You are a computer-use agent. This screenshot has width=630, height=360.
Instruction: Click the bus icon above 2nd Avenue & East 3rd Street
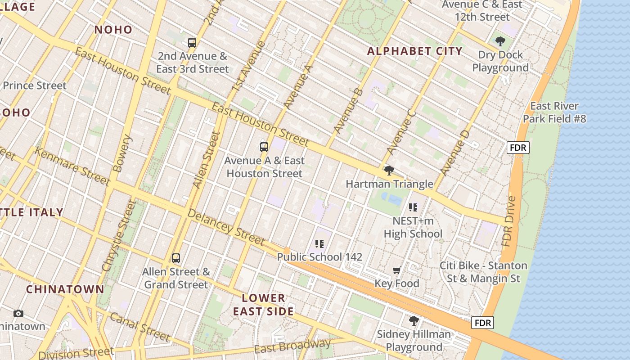pos(192,43)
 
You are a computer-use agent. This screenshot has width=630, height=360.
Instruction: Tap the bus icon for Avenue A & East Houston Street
pos(264,147)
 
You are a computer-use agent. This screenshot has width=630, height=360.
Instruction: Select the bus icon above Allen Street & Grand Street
pos(176,258)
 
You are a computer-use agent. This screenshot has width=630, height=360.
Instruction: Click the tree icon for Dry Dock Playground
pos(500,42)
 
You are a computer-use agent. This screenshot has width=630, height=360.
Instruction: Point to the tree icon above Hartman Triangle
pos(389,171)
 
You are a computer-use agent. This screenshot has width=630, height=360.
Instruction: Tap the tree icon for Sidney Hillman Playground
pos(414,321)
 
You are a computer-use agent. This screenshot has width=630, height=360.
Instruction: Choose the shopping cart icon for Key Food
pos(396,270)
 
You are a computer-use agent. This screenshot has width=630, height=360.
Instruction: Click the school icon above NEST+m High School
pos(413,207)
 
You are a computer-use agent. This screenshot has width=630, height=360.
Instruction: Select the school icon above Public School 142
pos(319,244)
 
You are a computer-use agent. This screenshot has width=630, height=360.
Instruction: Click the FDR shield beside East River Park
pos(518,148)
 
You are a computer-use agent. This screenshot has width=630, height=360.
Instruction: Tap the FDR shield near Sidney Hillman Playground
pos(483,323)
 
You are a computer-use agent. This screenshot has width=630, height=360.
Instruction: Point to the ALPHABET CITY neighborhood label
pos(414,51)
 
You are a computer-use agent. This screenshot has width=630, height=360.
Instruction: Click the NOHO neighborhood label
pos(113,30)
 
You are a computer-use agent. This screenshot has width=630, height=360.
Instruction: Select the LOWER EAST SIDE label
pos(263,304)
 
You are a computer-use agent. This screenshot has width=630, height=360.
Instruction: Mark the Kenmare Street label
pos(72,166)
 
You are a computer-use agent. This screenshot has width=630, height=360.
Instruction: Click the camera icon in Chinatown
pos(18,313)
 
